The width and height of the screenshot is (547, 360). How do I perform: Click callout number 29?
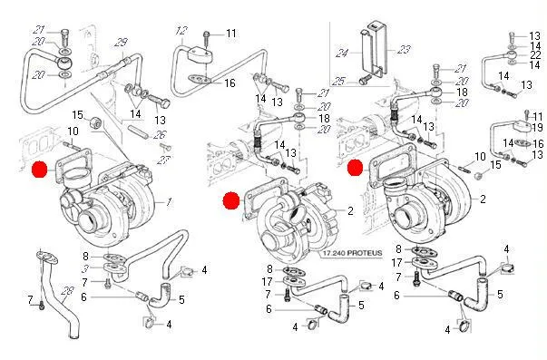click(121, 44)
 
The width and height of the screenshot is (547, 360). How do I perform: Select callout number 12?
click(181, 31)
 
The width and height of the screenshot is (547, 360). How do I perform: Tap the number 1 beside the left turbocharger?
click(169, 202)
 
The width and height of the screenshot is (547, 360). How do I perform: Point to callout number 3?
click(85, 268)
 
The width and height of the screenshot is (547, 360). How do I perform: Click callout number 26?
click(161, 134)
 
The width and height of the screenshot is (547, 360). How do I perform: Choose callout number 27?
click(163, 161)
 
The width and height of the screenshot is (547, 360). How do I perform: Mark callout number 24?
click(343, 54)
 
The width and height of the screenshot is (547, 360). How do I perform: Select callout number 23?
click(404, 49)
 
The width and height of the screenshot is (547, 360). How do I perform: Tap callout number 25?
click(338, 82)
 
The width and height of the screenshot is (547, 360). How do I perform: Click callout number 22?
click(535, 54)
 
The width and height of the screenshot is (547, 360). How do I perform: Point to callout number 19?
click(537, 127)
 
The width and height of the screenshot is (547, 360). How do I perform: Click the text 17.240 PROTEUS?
click(352, 253)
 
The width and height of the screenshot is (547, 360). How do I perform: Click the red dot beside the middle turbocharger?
click(231, 200)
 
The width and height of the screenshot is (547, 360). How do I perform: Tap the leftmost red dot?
click(39, 170)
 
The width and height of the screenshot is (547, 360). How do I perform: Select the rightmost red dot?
click(356, 168)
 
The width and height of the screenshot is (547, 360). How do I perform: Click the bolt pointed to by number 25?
click(366, 80)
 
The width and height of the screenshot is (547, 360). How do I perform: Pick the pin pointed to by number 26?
click(138, 131)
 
